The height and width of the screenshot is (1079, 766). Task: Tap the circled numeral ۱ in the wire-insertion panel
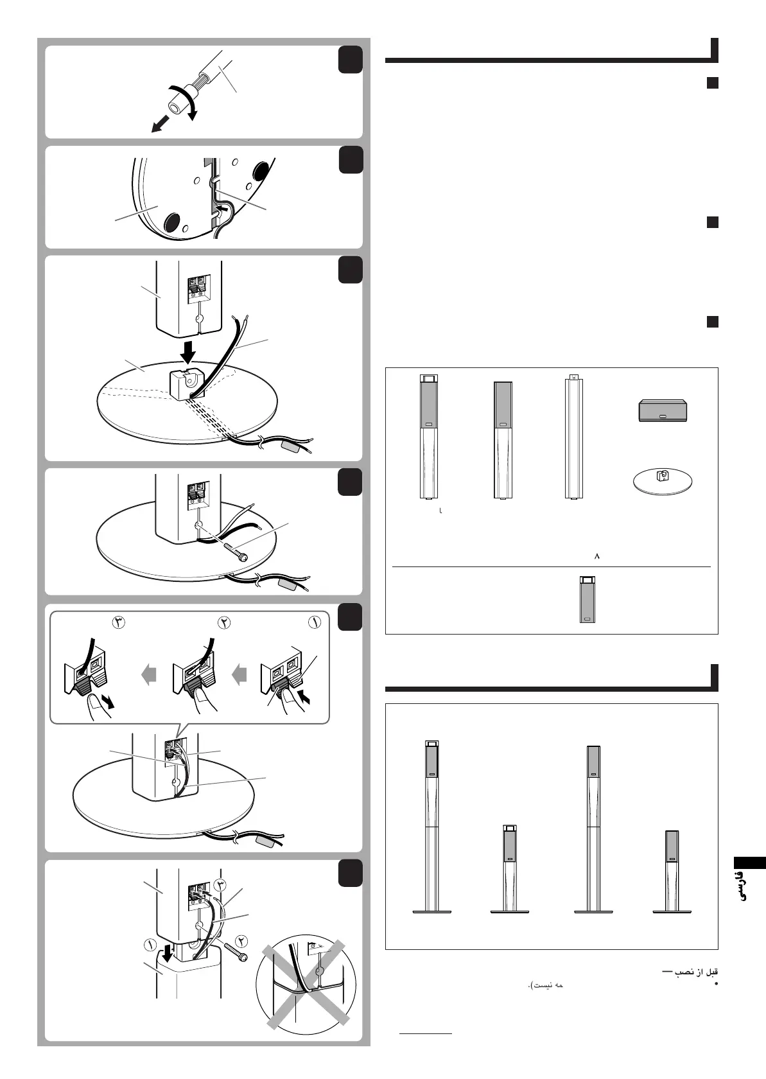click(315, 622)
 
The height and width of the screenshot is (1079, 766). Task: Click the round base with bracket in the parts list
click(663, 480)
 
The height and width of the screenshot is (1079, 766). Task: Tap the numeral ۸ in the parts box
click(596, 556)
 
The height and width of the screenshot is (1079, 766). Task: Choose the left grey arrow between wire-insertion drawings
click(148, 675)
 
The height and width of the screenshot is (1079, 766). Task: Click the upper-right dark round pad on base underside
click(261, 171)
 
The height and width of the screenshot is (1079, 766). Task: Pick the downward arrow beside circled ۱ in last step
click(168, 949)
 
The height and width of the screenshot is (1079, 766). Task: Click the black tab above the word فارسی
click(749, 863)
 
